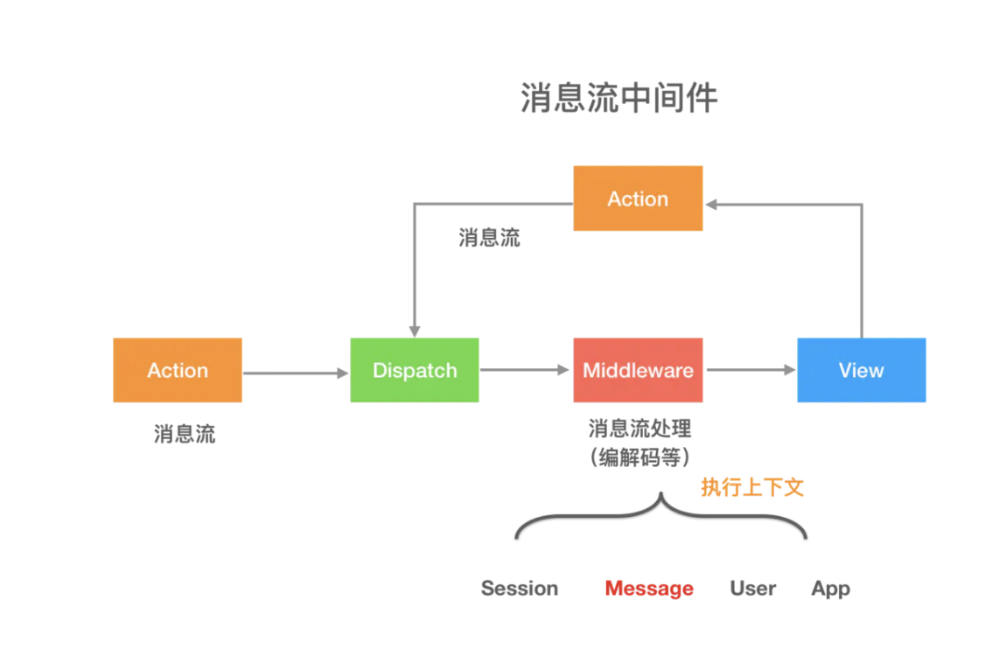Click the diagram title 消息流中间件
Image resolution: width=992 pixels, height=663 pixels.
click(618, 99)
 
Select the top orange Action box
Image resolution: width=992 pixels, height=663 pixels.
click(638, 199)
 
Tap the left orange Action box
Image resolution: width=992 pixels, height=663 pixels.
click(178, 370)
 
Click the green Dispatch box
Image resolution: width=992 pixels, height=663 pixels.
click(415, 370)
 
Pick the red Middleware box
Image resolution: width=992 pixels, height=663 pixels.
click(638, 370)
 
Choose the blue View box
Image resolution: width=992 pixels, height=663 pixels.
click(861, 370)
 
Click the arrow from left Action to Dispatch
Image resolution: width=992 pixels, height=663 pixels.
click(295, 373)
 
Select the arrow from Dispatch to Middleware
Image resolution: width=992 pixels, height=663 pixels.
click(525, 370)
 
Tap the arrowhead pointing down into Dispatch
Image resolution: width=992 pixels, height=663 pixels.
click(415, 330)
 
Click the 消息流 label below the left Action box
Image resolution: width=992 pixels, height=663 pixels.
click(185, 434)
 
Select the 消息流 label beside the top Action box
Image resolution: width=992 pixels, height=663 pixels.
click(489, 238)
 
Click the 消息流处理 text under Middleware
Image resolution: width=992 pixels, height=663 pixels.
click(639, 429)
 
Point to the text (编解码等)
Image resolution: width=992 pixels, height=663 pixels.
click(639, 457)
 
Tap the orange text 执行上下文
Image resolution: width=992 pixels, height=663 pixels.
click(751, 488)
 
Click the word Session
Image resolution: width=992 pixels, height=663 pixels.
click(520, 589)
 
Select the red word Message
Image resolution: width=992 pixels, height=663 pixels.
click(649, 589)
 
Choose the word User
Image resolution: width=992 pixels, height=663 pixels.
click(752, 589)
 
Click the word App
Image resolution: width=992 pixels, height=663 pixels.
click(830, 589)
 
